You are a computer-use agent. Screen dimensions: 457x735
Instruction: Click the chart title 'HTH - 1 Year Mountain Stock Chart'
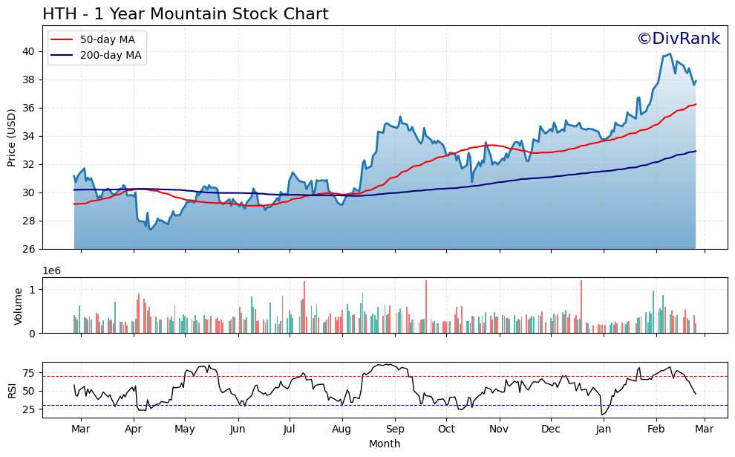(x=185, y=14)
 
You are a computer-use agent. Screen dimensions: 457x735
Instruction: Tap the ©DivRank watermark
(x=678, y=39)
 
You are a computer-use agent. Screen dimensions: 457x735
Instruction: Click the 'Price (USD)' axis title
(x=12, y=137)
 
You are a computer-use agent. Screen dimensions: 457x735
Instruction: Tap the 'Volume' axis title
(x=19, y=306)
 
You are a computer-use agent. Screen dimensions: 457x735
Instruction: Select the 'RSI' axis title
(x=12, y=390)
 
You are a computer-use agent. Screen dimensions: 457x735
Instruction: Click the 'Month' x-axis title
(x=385, y=444)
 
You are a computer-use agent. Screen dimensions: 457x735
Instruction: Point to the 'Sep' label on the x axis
(x=395, y=429)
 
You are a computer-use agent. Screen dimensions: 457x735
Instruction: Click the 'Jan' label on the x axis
(x=604, y=429)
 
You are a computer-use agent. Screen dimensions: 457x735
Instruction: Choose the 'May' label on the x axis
(x=185, y=429)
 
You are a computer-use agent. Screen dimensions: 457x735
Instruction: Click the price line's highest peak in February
(x=670, y=54)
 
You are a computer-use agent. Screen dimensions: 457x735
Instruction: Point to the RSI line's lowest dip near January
(x=602, y=414)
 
